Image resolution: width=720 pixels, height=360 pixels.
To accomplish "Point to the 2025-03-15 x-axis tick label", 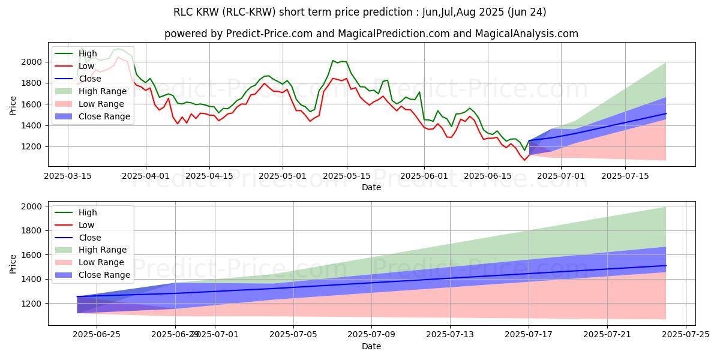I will click(x=67, y=176).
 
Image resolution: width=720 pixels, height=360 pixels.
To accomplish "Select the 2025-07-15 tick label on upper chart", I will click(x=625, y=176).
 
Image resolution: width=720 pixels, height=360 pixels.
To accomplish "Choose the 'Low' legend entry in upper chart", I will click(x=88, y=66).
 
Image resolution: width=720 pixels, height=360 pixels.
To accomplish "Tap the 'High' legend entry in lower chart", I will click(x=88, y=212).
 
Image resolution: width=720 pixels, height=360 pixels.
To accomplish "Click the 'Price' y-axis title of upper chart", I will click(x=13, y=104).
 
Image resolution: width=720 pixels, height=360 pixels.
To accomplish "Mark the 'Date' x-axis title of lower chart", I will click(x=371, y=347).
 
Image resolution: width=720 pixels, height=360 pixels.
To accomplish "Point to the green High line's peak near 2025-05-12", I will click(x=333, y=61).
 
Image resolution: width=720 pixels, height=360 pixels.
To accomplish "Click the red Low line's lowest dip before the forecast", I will click(x=524, y=160).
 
